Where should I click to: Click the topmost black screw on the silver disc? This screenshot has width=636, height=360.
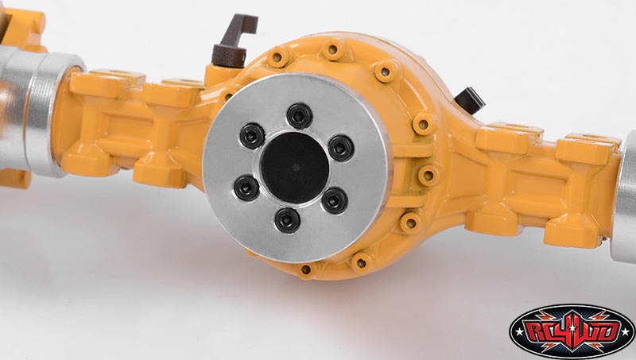300,116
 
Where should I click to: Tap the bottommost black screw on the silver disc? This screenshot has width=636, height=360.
287,220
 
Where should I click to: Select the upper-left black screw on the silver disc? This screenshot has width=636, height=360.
252,136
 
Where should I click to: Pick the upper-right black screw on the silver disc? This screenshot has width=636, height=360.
341,149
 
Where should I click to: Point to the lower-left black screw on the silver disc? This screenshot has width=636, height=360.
246,188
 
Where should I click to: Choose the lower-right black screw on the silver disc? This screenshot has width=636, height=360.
335,201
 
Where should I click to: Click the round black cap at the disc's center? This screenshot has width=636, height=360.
294,168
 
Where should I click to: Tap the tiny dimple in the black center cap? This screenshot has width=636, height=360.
296,167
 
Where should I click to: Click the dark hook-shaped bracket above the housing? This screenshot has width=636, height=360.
234,41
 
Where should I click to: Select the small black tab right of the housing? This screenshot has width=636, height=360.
470,100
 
